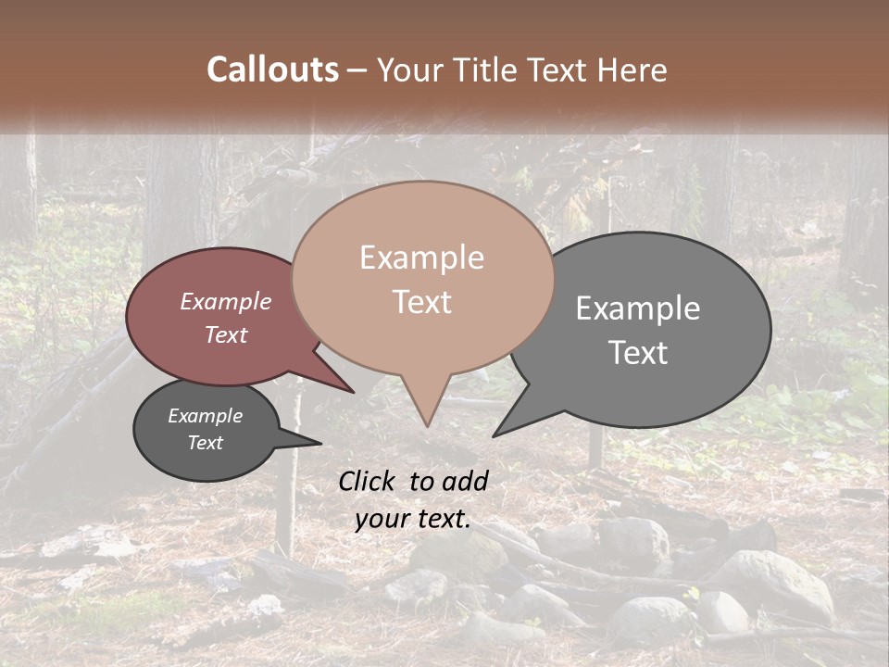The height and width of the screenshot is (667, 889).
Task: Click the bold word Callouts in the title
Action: click(x=272, y=69)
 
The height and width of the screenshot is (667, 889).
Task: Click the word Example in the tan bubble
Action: click(x=421, y=258)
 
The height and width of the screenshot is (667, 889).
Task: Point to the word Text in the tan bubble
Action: click(x=421, y=302)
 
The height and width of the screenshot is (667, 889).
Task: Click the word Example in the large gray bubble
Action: click(x=638, y=308)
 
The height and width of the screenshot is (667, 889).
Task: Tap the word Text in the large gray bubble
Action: click(x=638, y=353)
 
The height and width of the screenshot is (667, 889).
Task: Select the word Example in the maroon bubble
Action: click(x=225, y=301)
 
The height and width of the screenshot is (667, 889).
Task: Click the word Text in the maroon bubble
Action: click(x=225, y=334)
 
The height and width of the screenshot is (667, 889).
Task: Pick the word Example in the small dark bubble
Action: click(x=205, y=416)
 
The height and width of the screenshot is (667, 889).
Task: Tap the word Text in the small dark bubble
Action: click(x=205, y=443)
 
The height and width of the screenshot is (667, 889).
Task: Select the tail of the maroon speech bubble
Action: click(x=343, y=384)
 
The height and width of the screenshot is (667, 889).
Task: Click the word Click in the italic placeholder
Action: click(x=369, y=481)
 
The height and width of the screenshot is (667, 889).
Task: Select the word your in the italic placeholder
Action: click(x=382, y=519)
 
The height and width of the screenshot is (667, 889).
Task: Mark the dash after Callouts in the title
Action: click(x=357, y=69)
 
